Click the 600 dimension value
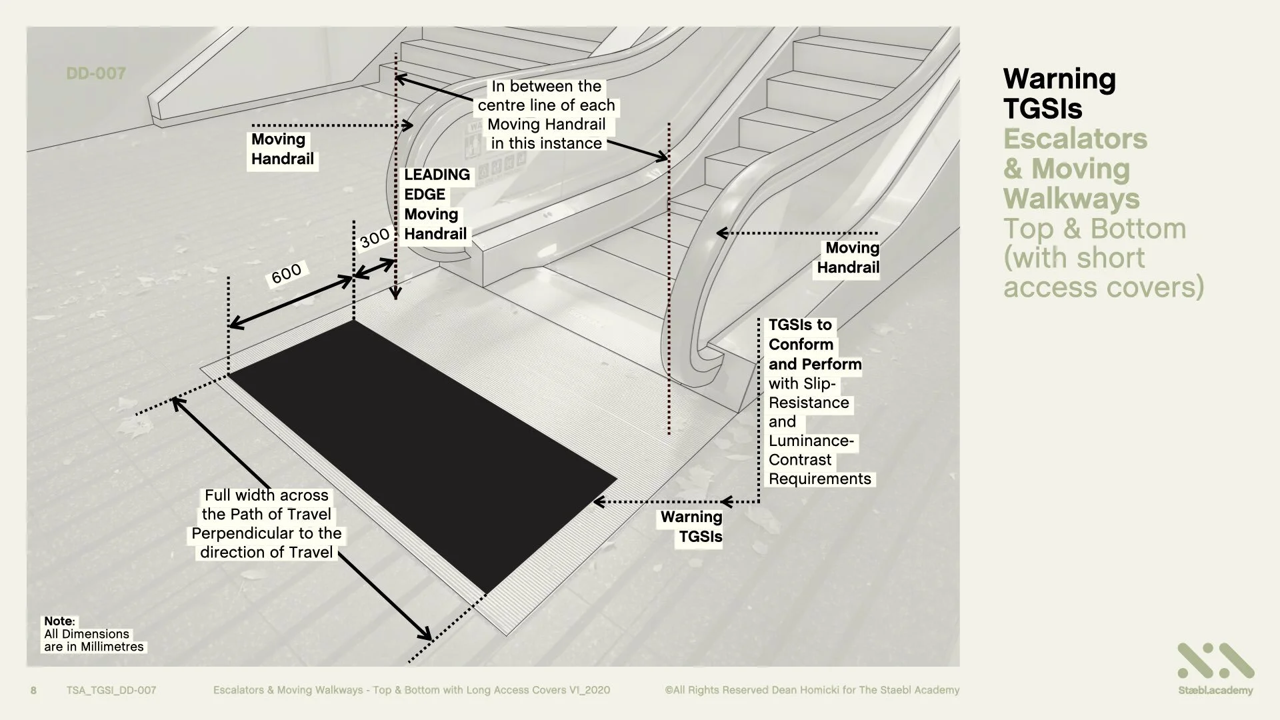[287, 273]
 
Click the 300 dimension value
[375, 237]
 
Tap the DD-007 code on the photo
[96, 73]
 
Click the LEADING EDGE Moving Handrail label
[436, 204]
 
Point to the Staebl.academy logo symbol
[1215, 661]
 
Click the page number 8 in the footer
[34, 690]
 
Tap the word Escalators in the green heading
[1075, 139]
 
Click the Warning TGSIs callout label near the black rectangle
[692, 527]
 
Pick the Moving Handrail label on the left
[282, 149]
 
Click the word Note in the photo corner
[59, 621]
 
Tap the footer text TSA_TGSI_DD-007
[111, 690]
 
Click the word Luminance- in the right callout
[811, 441]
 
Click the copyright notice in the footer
[812, 690]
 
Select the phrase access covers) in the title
[1103, 287]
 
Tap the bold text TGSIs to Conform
[800, 335]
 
